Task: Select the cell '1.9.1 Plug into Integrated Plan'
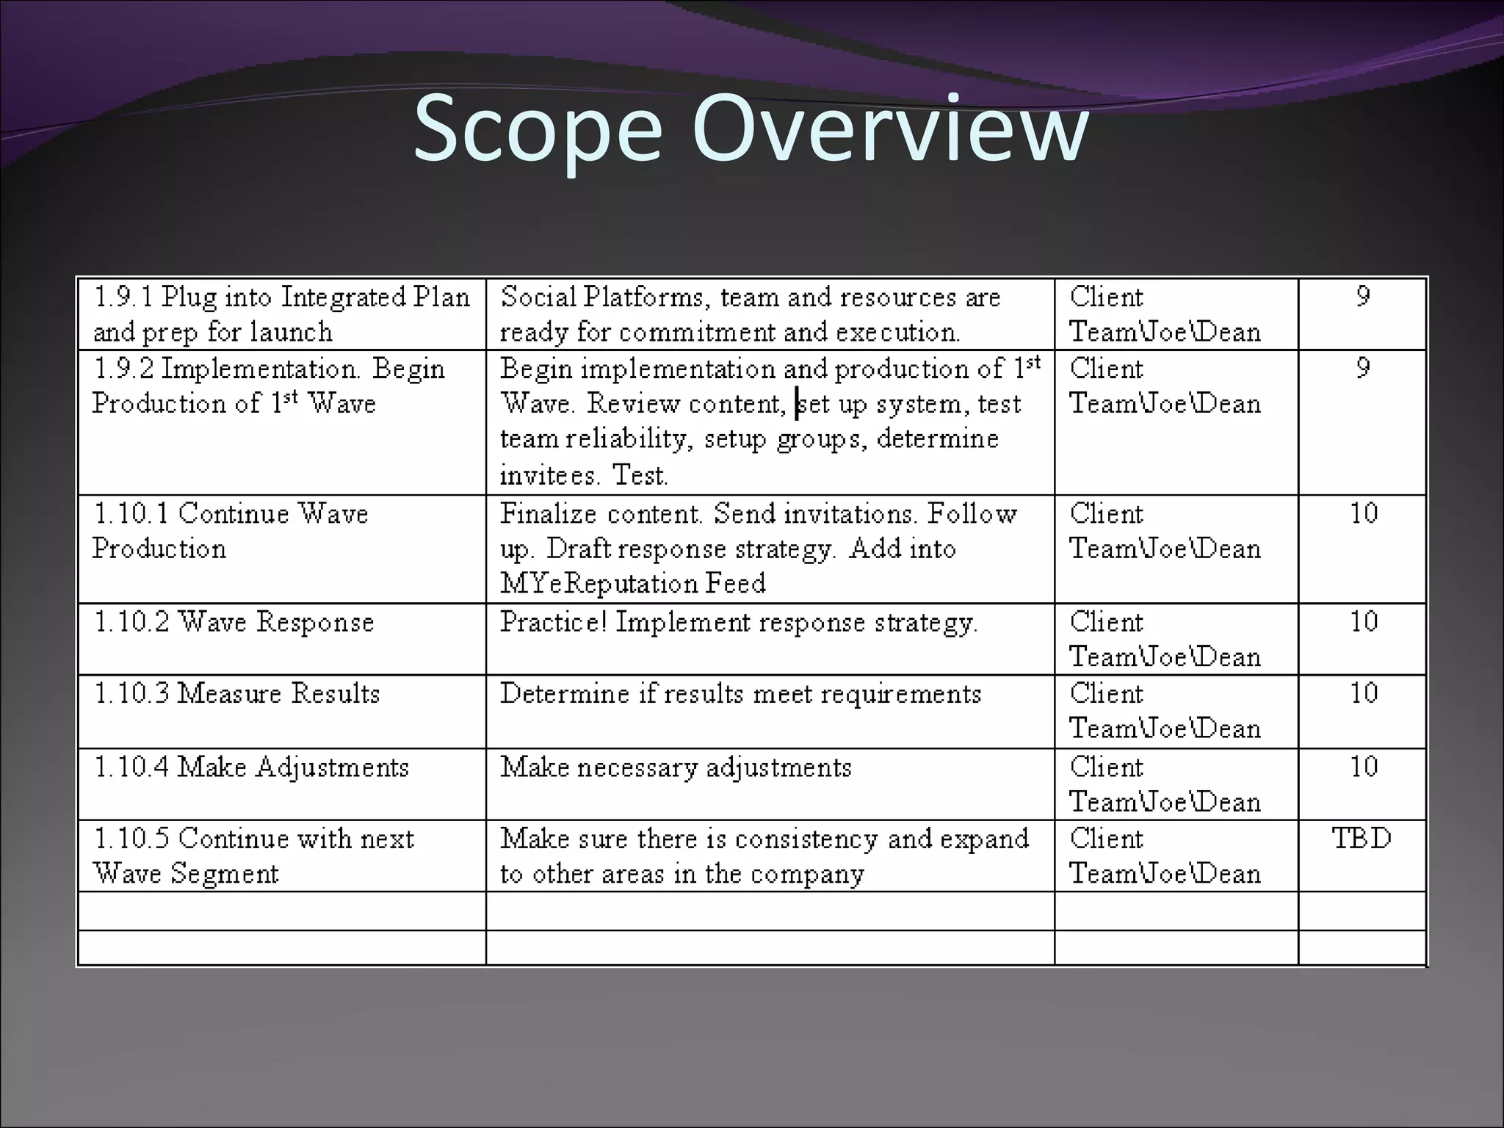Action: click(282, 297)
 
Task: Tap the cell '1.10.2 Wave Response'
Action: click(234, 622)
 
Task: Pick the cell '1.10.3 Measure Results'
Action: click(236, 694)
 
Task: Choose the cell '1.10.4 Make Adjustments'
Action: click(251, 767)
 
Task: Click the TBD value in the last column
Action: click(1362, 838)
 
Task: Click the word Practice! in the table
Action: click(554, 622)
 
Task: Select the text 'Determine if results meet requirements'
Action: click(740, 694)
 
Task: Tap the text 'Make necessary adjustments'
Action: click(676, 767)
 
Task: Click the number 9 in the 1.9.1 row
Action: click(1363, 297)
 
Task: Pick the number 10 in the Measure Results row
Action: click(1364, 693)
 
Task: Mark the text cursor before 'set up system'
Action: click(797, 404)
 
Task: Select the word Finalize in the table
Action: click(548, 513)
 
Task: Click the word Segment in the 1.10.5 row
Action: click(224, 874)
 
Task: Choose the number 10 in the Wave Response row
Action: click(1364, 621)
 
